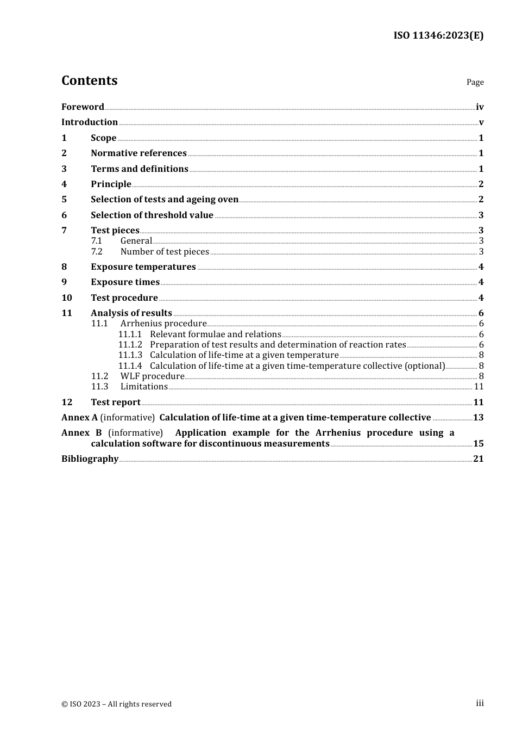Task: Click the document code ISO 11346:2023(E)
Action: [438, 35]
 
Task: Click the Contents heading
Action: [89, 80]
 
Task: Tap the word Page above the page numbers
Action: [475, 82]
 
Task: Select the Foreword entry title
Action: [83, 107]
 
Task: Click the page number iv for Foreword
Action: [480, 107]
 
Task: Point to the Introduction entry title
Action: [90, 122]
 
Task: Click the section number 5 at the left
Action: [64, 200]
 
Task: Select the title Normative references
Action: [139, 153]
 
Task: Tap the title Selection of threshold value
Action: [152, 215]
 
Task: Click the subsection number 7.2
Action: [97, 251]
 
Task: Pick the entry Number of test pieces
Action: [165, 251]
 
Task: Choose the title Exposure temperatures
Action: [143, 267]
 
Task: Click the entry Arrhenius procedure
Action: [163, 324]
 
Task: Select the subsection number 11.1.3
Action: [130, 355]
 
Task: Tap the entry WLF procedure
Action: [152, 376]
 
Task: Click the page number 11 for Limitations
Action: [479, 387]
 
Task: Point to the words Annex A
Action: [79, 418]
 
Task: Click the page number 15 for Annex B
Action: [478, 444]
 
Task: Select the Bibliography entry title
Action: [90, 459]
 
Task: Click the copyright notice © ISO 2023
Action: [116, 704]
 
